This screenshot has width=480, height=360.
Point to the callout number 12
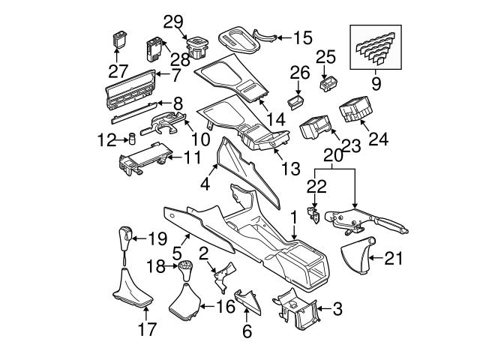106,139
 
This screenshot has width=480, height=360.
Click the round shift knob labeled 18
184,269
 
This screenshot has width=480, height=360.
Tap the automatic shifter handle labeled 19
124,239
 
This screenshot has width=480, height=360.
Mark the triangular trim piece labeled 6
246,303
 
